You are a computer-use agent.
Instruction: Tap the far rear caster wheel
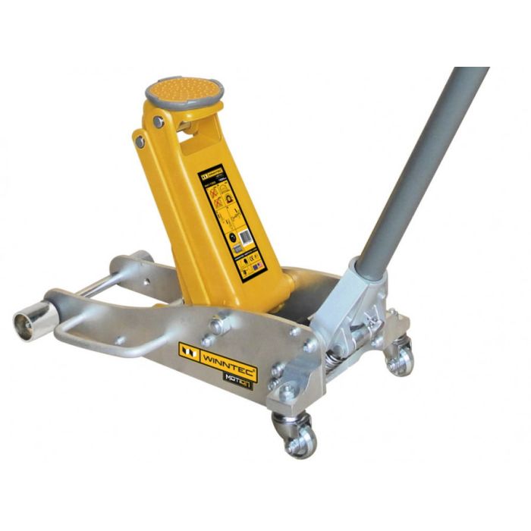[x=400, y=358]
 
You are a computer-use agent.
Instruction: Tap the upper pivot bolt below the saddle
[x=158, y=121]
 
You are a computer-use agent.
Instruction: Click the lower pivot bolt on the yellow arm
[x=140, y=141]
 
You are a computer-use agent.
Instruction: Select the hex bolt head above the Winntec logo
[x=217, y=325]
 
